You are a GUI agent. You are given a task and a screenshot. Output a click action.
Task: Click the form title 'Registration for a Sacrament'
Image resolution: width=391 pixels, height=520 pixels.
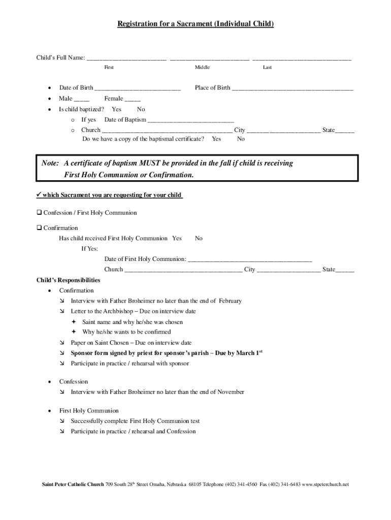[195, 24]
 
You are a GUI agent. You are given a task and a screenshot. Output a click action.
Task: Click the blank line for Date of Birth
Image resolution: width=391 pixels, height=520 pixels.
[138, 88]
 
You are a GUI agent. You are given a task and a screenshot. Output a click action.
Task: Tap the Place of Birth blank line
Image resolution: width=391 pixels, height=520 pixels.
[292, 88]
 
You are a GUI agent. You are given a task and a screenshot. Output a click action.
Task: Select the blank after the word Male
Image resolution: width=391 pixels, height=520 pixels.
[81, 100]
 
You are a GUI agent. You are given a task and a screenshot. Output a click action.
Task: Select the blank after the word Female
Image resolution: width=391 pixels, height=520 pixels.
[133, 100]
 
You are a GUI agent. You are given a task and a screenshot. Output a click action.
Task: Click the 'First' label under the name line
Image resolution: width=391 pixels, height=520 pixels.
[109, 68]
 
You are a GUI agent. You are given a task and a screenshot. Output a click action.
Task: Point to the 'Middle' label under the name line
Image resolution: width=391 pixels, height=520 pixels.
[202, 68]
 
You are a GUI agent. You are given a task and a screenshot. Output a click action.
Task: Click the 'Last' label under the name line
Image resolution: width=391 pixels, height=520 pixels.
[267, 68]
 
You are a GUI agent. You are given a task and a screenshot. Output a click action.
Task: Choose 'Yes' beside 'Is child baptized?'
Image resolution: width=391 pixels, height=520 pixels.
[116, 109]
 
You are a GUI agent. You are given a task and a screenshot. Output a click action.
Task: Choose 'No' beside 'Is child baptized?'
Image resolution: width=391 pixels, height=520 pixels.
[141, 109]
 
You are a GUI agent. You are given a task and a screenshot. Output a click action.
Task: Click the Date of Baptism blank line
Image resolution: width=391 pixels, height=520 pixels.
[190, 121]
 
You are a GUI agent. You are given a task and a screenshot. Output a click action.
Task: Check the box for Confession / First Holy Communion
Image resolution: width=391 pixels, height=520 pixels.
[39, 213]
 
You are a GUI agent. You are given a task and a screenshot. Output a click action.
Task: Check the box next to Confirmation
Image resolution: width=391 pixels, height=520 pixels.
[39, 228]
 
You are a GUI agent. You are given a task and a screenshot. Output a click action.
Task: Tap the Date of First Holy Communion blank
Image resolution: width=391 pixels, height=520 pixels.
[250, 259]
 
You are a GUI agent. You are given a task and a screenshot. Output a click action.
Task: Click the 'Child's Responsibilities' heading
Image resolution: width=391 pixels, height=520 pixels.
[68, 280]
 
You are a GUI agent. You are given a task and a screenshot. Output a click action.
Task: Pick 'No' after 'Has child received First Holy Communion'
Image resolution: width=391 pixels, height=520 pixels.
[199, 238]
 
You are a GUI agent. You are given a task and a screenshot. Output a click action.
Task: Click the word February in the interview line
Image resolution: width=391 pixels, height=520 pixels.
[231, 301]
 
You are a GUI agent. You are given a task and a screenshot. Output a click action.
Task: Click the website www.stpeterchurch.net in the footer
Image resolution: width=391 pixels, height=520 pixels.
[325, 484]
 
